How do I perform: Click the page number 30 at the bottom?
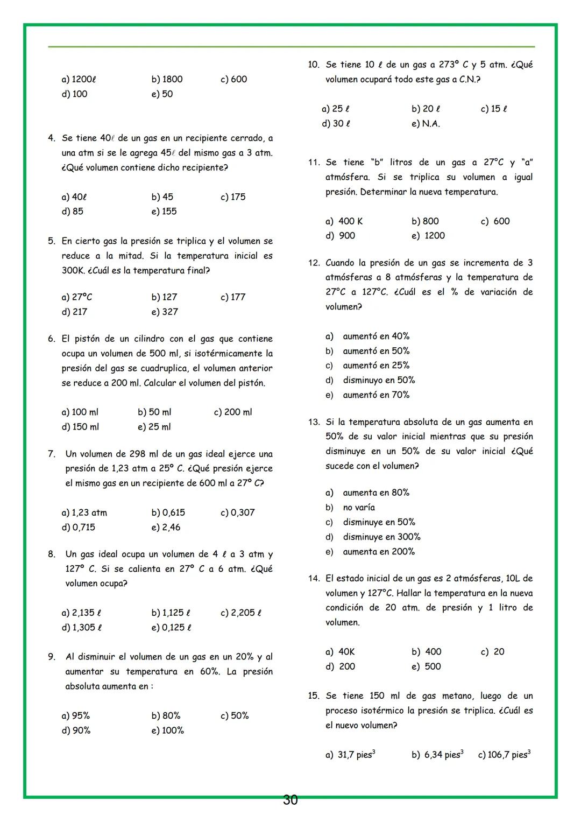click(290, 800)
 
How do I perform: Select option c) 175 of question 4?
click(233, 197)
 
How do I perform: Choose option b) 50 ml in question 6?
click(154, 412)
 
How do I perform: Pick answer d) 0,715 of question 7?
click(79, 528)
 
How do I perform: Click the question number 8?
click(52, 554)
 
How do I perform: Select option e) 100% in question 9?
click(167, 730)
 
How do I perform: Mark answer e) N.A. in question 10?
click(426, 124)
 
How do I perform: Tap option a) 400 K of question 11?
click(344, 221)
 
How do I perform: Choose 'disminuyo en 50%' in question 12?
click(379, 381)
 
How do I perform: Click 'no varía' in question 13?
click(359, 508)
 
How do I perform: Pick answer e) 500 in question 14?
click(426, 666)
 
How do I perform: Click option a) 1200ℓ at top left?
click(79, 80)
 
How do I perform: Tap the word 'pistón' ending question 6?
click(250, 383)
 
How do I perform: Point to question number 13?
click(314, 422)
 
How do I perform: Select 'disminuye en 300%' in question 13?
click(381, 537)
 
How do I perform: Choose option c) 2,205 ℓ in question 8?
click(241, 613)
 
